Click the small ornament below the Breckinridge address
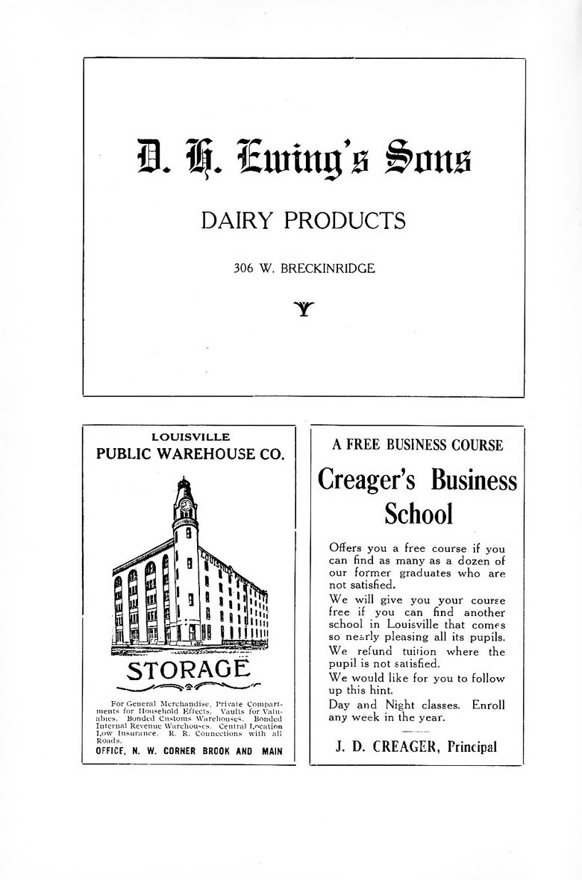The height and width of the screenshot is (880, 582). [x=304, y=307]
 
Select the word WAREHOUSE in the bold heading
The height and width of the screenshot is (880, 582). [x=201, y=454]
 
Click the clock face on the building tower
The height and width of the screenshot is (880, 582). [x=185, y=505]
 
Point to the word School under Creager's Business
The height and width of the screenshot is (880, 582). [x=418, y=513]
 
